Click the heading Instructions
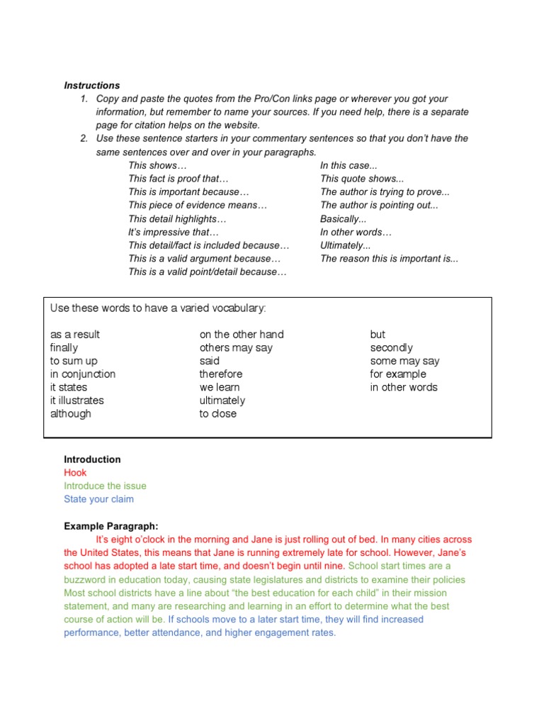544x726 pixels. coord(92,86)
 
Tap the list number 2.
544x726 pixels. coord(84,138)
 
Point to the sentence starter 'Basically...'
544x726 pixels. coord(343,219)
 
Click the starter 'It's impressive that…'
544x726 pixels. coord(174,232)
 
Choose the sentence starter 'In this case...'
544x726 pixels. coord(348,165)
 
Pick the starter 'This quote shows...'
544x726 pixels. coord(361,179)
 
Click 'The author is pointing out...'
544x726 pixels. coord(379,206)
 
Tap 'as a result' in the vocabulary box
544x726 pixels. coord(75,335)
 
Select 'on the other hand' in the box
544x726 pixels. coord(242,335)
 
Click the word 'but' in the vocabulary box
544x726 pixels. coord(378,335)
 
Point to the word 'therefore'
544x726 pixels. coord(221,374)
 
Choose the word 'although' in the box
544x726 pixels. coord(71,414)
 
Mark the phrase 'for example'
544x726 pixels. coord(398,374)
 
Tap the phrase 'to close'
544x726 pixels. coord(218,414)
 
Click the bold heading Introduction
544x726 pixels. coord(92,459)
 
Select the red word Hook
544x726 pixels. coord(75,473)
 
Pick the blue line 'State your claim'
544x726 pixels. coord(98,499)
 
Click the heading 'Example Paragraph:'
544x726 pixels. coord(111,526)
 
